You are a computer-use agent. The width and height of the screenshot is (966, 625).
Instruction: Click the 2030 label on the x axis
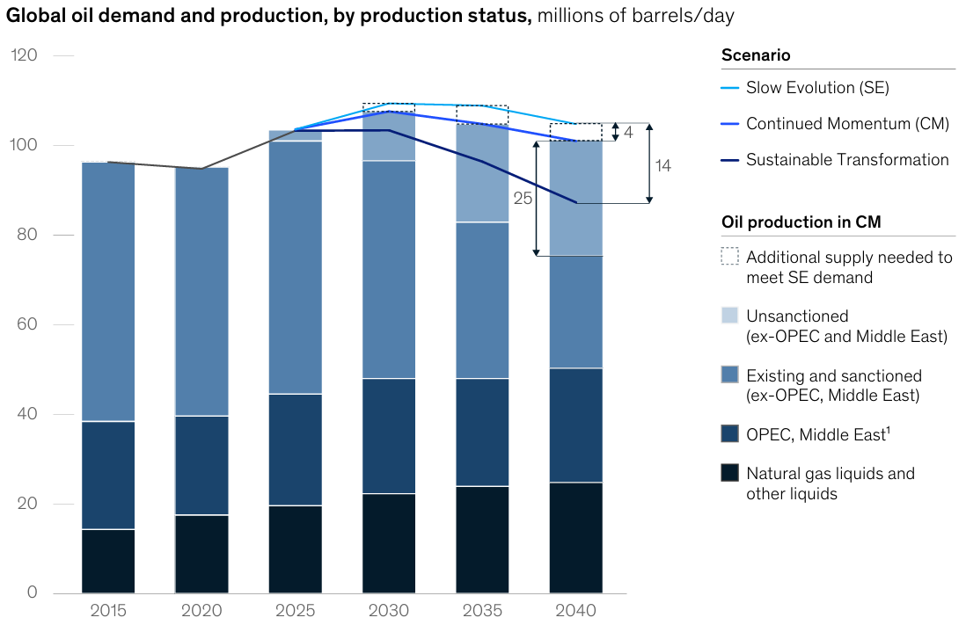(388, 610)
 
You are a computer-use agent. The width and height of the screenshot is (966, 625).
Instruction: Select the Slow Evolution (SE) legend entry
(817, 88)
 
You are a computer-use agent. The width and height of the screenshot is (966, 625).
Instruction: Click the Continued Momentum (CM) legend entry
(847, 124)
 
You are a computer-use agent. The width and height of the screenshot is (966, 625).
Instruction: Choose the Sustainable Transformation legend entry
(847, 160)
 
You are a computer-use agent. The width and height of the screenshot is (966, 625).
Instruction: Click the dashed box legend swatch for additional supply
(729, 257)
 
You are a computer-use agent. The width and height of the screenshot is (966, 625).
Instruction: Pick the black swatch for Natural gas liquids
(729, 473)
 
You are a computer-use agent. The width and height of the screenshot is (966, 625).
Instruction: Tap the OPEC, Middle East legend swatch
(729, 432)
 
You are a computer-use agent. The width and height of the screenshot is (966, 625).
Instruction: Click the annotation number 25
(523, 199)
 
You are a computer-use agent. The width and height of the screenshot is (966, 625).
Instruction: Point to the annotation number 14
(662, 165)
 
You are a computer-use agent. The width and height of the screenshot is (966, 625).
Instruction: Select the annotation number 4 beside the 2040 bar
(628, 133)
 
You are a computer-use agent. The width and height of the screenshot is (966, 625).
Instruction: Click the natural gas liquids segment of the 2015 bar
(108, 561)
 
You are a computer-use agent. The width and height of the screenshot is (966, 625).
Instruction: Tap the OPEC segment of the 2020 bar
(201, 465)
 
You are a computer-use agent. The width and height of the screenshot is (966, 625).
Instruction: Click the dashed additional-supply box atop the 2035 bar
(481, 114)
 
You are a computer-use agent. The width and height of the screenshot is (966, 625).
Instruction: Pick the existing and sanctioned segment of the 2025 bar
(295, 267)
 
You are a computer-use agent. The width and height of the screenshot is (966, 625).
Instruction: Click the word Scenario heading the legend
(756, 55)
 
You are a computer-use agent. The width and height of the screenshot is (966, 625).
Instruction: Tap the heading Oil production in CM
(801, 223)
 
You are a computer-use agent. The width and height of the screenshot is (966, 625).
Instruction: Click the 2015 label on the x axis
(108, 610)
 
